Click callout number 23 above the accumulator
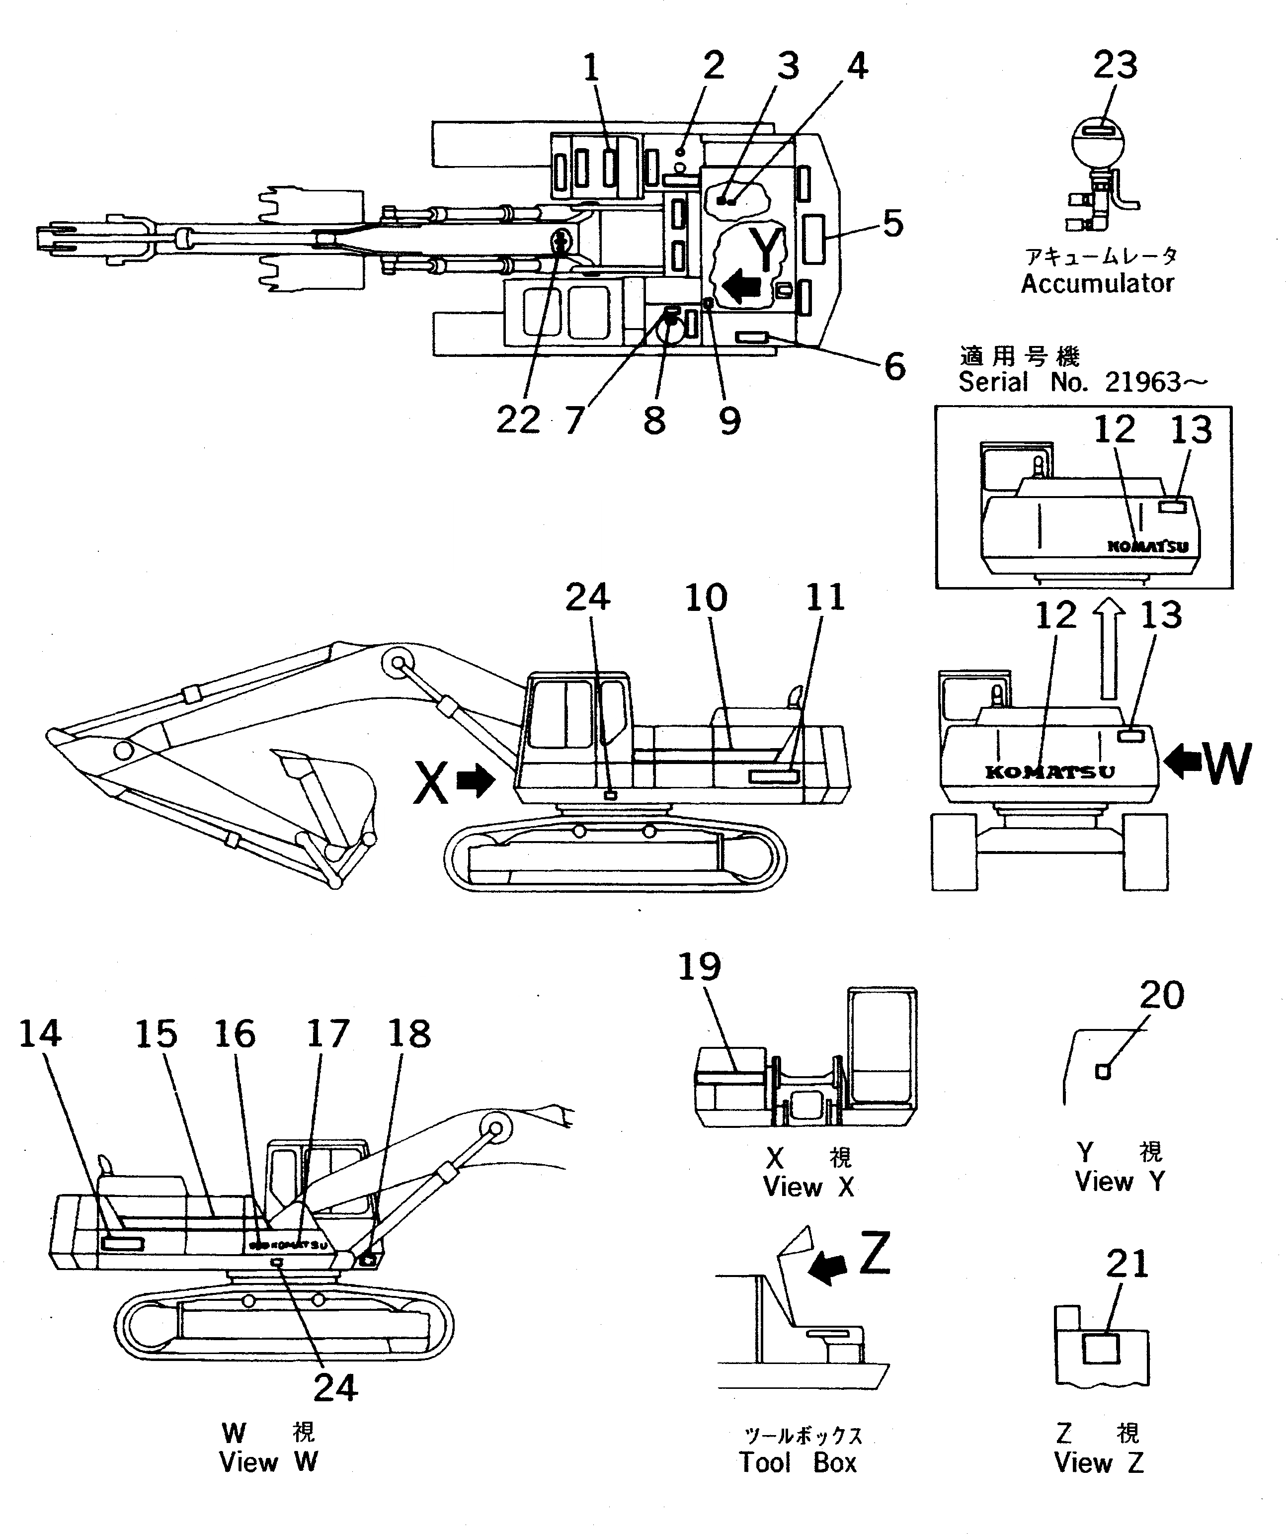tap(1115, 66)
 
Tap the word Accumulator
tap(1097, 283)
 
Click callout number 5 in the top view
tap(892, 224)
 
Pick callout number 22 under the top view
tap(518, 420)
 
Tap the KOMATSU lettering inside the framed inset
tap(1148, 546)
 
